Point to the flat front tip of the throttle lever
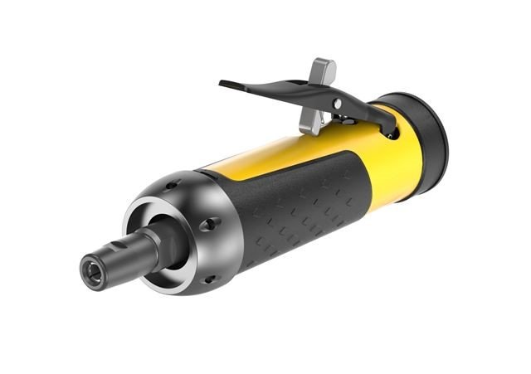(x=228, y=85)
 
